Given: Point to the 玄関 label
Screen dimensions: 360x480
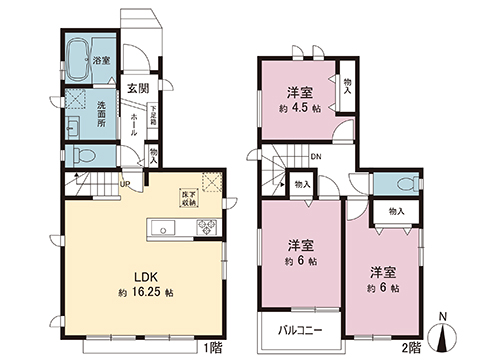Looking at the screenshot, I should point(137,87).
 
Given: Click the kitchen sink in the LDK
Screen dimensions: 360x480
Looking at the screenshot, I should point(163,228).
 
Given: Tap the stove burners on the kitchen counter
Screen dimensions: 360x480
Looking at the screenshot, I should point(205,227).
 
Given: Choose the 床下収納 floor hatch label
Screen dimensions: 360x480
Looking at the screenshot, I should point(188,199).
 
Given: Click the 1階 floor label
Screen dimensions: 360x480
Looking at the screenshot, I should point(213,348).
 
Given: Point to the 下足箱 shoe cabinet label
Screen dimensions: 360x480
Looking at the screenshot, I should point(154,116).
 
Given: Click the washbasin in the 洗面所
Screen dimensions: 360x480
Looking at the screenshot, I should point(73,128).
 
